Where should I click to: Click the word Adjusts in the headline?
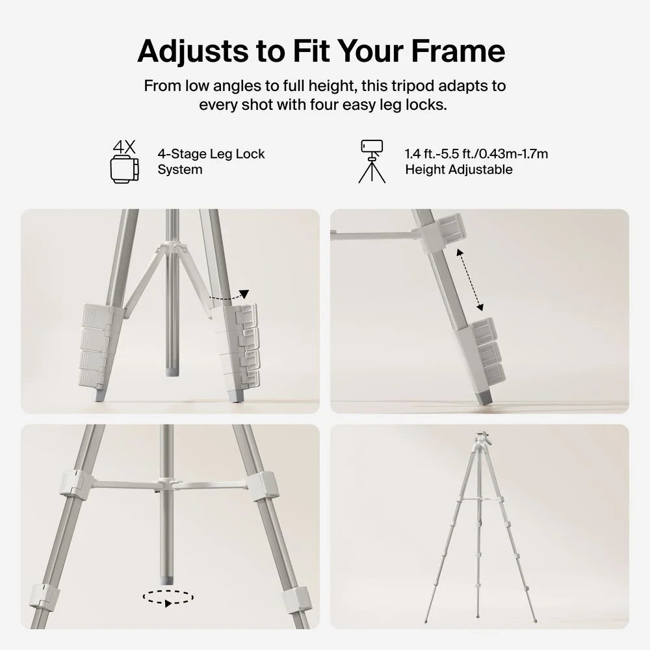tap(193, 51)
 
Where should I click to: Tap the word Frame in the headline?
tap(458, 51)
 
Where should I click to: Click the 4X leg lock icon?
tap(124, 162)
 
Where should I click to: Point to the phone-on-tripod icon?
tap(372, 161)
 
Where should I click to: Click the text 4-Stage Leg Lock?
tap(211, 154)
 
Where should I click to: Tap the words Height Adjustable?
tap(458, 170)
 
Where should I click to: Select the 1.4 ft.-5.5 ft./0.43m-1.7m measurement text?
tap(476, 154)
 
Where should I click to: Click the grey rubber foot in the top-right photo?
tap(484, 397)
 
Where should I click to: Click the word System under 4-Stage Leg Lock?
tap(180, 170)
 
